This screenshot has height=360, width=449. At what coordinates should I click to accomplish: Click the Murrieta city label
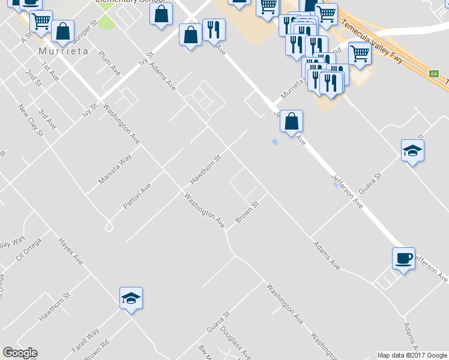point(63,51)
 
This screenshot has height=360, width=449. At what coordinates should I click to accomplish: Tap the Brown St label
point(247,212)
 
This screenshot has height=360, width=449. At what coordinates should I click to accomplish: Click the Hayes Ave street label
point(70,251)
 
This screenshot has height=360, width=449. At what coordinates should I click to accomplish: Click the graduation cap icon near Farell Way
point(131,298)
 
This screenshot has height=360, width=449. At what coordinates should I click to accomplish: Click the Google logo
point(20,353)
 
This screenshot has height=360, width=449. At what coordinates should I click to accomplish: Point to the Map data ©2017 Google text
point(412,355)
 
